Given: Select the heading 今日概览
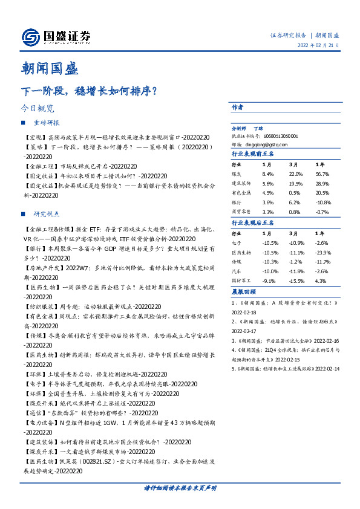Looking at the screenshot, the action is click(38, 109).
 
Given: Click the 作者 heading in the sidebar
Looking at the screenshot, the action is click(237, 107).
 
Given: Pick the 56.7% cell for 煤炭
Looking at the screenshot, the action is click(322, 173).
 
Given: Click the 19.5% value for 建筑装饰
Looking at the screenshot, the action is click(296, 183).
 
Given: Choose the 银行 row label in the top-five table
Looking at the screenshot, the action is click(237, 203).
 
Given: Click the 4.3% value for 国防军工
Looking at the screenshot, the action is click(321, 281).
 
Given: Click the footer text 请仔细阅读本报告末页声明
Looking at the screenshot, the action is click(180, 487).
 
